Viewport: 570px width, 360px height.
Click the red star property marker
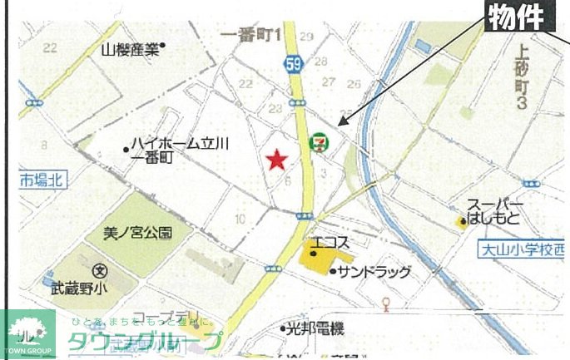[276, 159]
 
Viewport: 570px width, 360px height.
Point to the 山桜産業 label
[130, 49]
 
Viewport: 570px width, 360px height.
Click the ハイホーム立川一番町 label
[176, 150]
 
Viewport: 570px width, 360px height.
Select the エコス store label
[331, 245]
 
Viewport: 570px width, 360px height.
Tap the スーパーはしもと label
[494, 212]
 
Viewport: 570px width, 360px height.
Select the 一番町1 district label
[254, 35]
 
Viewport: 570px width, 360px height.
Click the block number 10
[240, 219]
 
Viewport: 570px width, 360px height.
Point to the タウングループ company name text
[146, 341]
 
